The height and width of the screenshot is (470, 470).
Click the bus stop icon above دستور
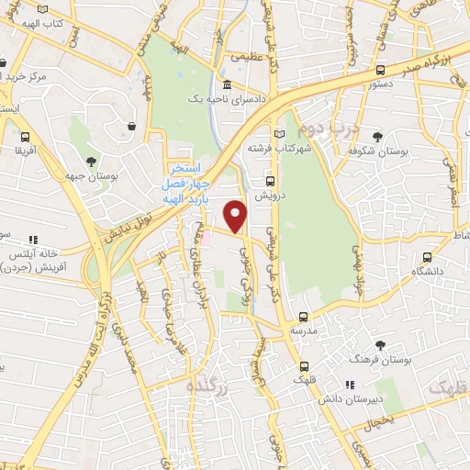(x=380, y=71)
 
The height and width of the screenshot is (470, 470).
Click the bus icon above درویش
(x=270, y=181)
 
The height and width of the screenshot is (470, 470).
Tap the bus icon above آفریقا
(x=24, y=132)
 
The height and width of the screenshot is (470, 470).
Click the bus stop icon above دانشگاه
(x=426, y=258)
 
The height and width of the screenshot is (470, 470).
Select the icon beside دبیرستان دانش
(x=348, y=386)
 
